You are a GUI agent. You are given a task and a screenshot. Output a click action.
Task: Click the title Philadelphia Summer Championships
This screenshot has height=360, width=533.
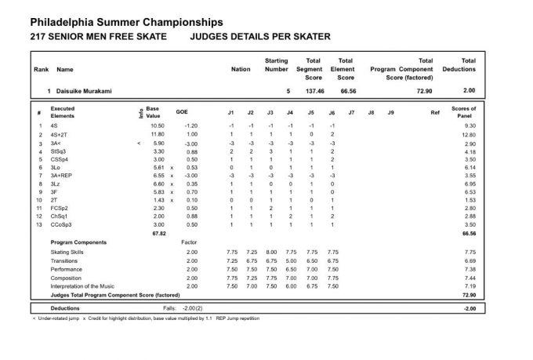(125, 22)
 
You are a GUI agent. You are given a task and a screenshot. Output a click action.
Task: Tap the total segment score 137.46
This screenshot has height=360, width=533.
(310, 92)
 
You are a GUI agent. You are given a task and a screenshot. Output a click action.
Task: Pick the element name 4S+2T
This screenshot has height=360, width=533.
(60, 135)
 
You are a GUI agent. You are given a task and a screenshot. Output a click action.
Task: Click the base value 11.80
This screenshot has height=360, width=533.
(156, 135)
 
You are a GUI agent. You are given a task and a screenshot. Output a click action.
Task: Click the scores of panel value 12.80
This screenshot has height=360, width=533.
(469, 135)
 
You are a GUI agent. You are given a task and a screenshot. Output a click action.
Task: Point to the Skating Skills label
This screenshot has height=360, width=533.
(70, 251)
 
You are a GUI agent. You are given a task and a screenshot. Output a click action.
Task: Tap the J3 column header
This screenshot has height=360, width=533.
(270, 113)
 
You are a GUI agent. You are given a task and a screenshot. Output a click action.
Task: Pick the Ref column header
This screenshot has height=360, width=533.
(435, 113)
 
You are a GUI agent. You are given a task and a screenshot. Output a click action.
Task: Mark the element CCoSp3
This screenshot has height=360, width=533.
(61, 224)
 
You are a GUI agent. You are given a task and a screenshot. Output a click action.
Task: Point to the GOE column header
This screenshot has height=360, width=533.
(182, 113)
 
